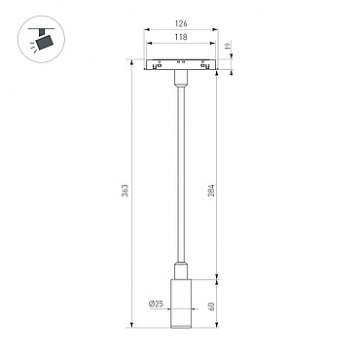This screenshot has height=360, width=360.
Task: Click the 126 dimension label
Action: [181, 23]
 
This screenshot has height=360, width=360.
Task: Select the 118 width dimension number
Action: [181, 37]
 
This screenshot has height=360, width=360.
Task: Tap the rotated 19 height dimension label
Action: [228, 46]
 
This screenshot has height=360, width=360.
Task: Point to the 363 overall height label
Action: [126, 191]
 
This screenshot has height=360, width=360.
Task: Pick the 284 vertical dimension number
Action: [211, 191]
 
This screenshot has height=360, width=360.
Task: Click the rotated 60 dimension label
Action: [211, 306]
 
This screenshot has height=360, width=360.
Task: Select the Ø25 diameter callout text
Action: [156, 304]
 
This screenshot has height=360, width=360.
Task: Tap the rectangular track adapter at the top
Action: [181, 64]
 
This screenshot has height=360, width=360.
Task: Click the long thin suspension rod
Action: [181, 173]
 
